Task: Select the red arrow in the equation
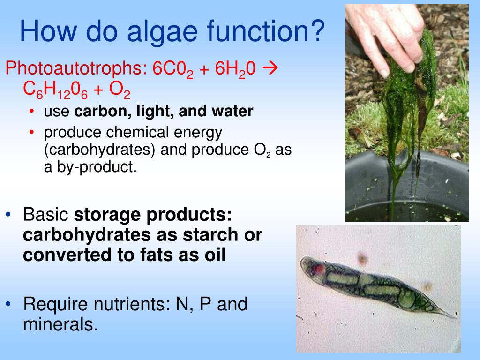pyautogui.click(x=270, y=68)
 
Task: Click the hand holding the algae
pyautogui.click(x=384, y=33)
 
